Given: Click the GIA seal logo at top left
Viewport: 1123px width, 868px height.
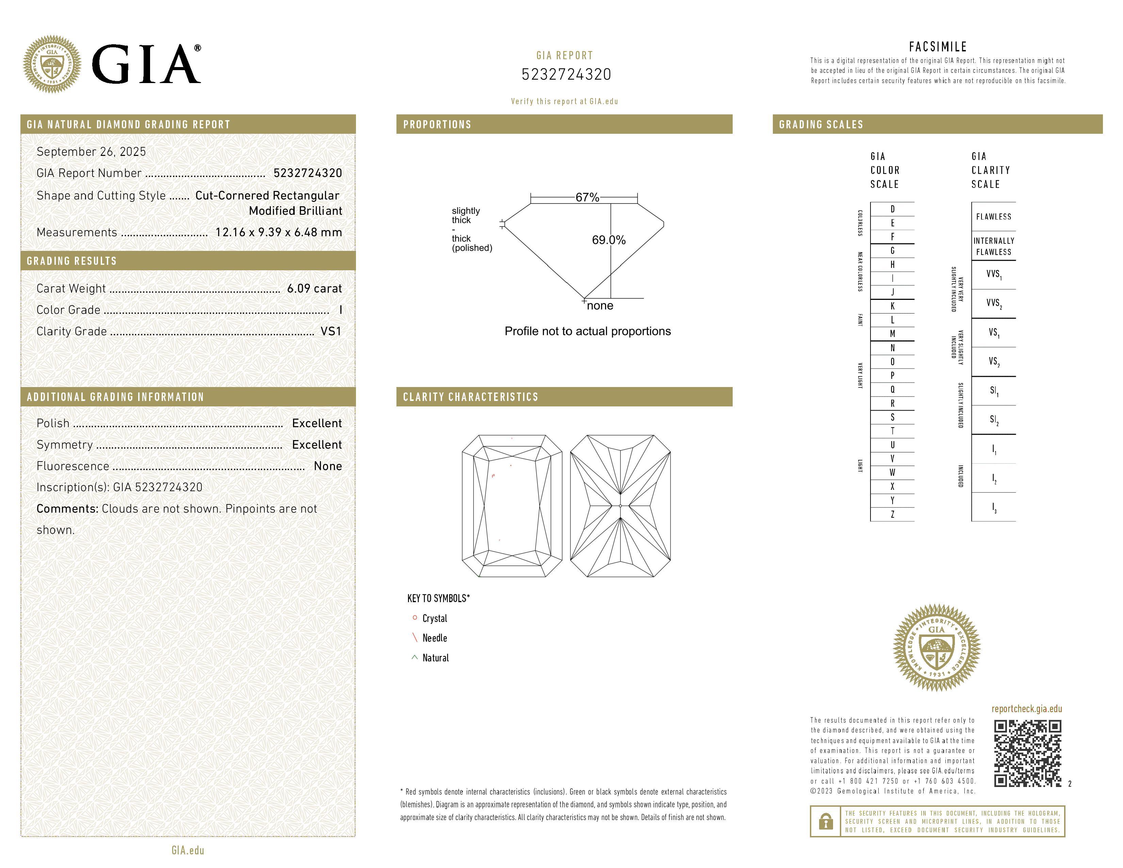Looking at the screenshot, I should [x=52, y=64].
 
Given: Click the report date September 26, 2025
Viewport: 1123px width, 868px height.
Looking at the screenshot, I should [x=91, y=152].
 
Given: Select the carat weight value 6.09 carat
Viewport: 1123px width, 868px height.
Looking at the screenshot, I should [x=314, y=288].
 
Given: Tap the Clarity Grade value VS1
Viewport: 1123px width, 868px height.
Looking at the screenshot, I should [x=331, y=332].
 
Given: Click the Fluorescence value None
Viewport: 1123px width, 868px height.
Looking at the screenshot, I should [x=327, y=466].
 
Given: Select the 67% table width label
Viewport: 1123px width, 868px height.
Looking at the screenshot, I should [x=587, y=197].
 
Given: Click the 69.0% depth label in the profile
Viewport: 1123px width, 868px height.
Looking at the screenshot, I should [x=609, y=240].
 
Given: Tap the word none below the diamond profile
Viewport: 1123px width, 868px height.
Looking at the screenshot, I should [x=600, y=306].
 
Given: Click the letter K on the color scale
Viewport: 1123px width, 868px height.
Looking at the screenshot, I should [x=893, y=306].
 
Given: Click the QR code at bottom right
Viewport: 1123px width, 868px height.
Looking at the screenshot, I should [x=1027, y=753].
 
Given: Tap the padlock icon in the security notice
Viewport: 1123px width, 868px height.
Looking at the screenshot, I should [x=826, y=821].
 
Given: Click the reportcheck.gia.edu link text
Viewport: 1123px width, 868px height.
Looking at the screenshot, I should [x=1026, y=709].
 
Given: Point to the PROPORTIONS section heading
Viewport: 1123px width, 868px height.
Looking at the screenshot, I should [x=437, y=125].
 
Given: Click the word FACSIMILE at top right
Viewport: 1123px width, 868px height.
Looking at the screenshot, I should [x=938, y=47].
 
